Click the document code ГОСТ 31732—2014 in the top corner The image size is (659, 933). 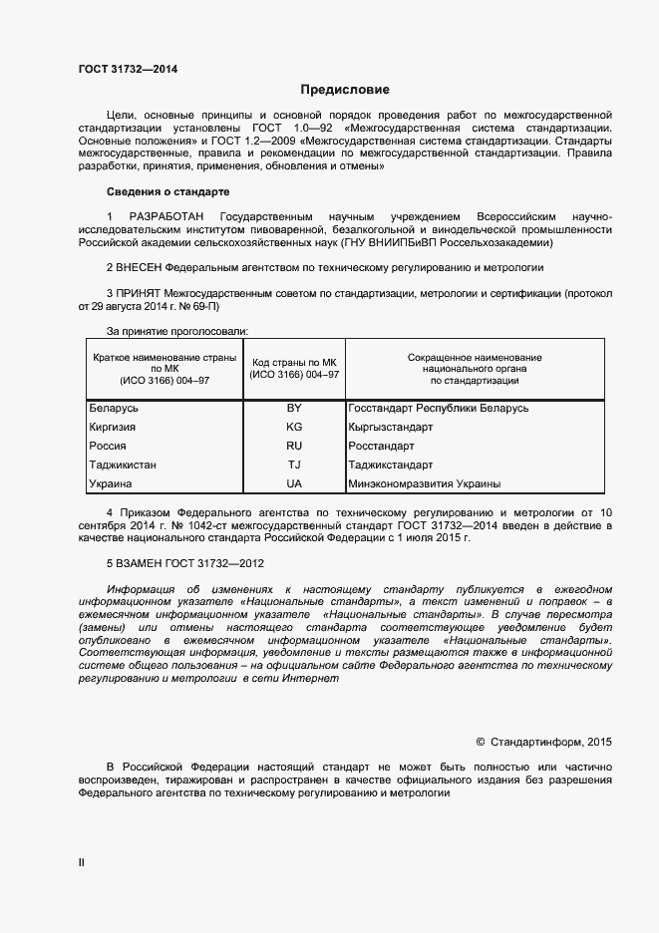129,69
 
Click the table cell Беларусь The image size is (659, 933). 114,408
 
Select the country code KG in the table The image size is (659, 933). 294,427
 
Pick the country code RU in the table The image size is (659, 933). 294,446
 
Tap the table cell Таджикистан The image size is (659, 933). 123,465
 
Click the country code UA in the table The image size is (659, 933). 294,483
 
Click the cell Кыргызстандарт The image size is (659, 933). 391,427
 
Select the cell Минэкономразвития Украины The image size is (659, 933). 425,483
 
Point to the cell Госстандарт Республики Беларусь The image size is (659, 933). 439,408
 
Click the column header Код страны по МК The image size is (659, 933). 295,362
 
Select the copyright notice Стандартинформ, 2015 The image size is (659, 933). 544,742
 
